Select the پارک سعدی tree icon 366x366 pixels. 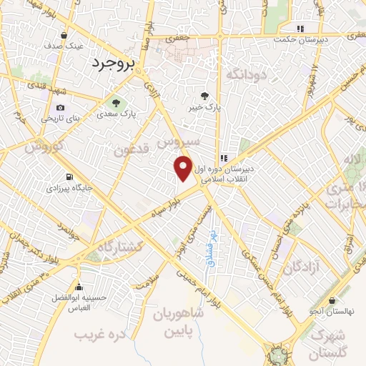115,103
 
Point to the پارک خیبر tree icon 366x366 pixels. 205,96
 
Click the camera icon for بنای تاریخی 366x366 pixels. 50,107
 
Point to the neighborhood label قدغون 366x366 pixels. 133,151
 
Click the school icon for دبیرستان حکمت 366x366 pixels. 301,29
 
